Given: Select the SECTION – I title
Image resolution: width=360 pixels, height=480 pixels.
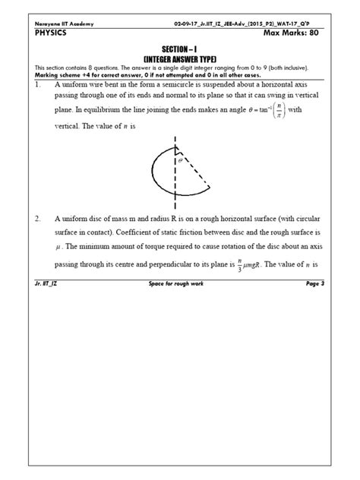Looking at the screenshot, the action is coord(179,48).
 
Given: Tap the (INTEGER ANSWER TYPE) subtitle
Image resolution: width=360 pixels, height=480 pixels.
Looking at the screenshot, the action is coord(180,58).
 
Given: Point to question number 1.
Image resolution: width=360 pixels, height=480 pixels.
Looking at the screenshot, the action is coord(39,87).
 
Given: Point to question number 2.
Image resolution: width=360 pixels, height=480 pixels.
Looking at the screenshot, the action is coord(39,217).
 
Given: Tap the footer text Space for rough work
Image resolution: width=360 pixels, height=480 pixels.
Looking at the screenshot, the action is coord(179,283).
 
